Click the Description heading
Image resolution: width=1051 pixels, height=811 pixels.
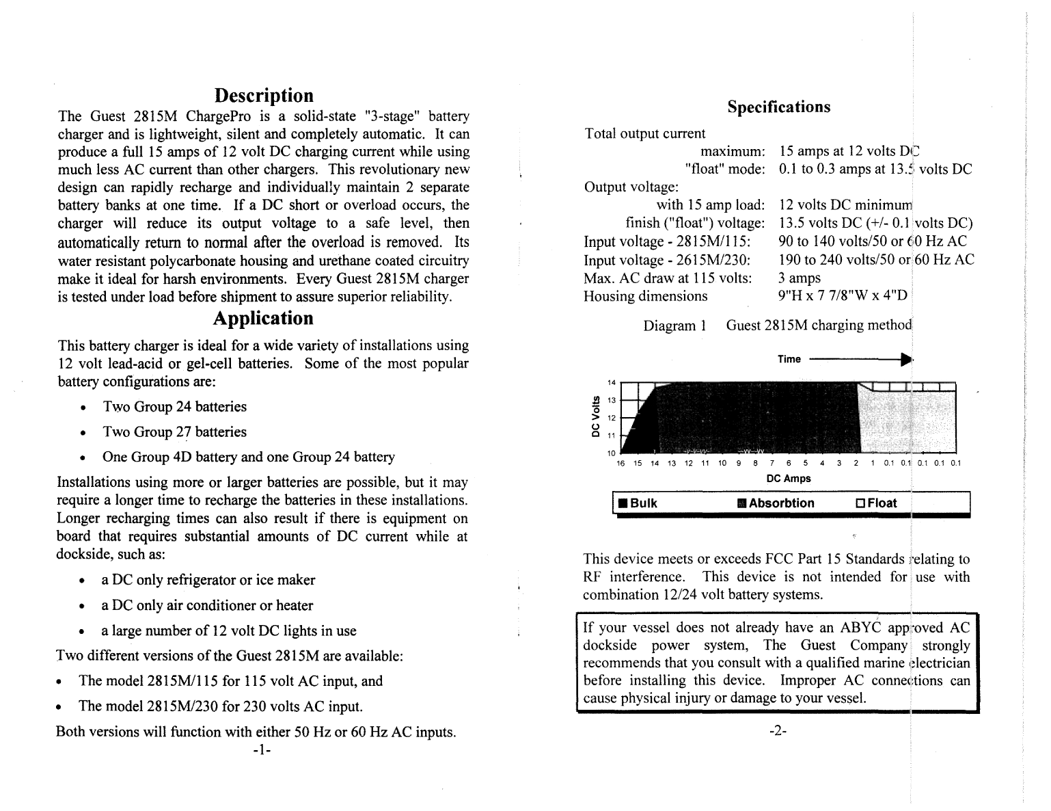(x=263, y=96)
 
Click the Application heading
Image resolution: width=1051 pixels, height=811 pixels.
(x=263, y=319)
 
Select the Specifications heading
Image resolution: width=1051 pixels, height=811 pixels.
(x=778, y=107)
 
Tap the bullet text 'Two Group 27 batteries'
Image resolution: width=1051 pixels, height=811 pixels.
(x=174, y=432)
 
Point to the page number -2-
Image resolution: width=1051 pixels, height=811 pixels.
(x=778, y=731)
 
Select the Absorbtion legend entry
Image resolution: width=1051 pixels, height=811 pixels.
(x=776, y=504)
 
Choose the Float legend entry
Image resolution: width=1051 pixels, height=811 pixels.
(x=876, y=504)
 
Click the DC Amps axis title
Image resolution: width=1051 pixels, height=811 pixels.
(x=788, y=479)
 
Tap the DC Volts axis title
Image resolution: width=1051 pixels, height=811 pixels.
(x=595, y=417)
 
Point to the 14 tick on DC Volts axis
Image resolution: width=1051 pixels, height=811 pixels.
(x=612, y=382)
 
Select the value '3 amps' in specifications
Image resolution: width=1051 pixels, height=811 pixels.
(x=800, y=278)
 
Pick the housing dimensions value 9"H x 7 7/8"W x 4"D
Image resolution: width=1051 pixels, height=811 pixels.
(x=843, y=296)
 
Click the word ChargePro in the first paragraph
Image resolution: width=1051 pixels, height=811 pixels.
(x=220, y=116)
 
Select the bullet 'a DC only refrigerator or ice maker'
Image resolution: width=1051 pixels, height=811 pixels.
(x=208, y=581)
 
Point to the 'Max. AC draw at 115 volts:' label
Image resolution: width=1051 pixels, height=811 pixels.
(x=667, y=278)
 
